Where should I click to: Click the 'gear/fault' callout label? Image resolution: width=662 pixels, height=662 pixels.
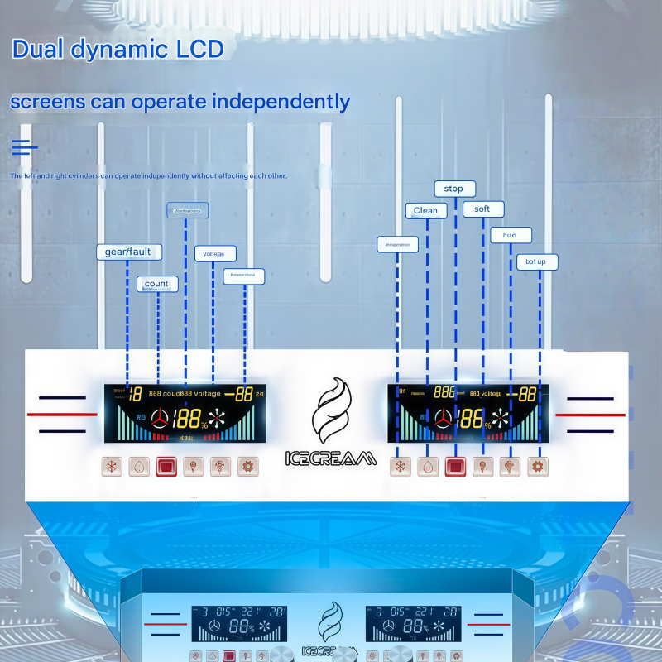coord(128,252)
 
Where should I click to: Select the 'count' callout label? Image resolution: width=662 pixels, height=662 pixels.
coord(156,284)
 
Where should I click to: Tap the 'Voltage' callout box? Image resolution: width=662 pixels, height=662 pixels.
coord(214,254)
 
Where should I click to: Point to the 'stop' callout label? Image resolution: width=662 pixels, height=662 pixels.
coord(453,189)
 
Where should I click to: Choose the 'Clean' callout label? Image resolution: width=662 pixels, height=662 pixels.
coord(425,211)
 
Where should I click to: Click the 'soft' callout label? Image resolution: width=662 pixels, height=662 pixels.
coord(482,209)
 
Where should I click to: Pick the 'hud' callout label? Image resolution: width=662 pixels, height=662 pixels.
coord(510,236)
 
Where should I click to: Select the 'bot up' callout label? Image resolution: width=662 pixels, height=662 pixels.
coord(536,262)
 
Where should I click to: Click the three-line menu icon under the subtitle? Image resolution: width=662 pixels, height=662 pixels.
coord(24,148)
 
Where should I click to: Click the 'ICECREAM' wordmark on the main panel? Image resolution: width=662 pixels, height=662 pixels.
coord(330,458)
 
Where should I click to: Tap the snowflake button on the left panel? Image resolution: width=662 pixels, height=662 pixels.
coord(113,467)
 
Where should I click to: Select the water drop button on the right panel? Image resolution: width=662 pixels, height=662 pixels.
coord(427,467)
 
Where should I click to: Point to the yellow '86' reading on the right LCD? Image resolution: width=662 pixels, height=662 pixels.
coord(469,418)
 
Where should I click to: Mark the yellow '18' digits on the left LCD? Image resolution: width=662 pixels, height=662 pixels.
coord(135,394)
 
